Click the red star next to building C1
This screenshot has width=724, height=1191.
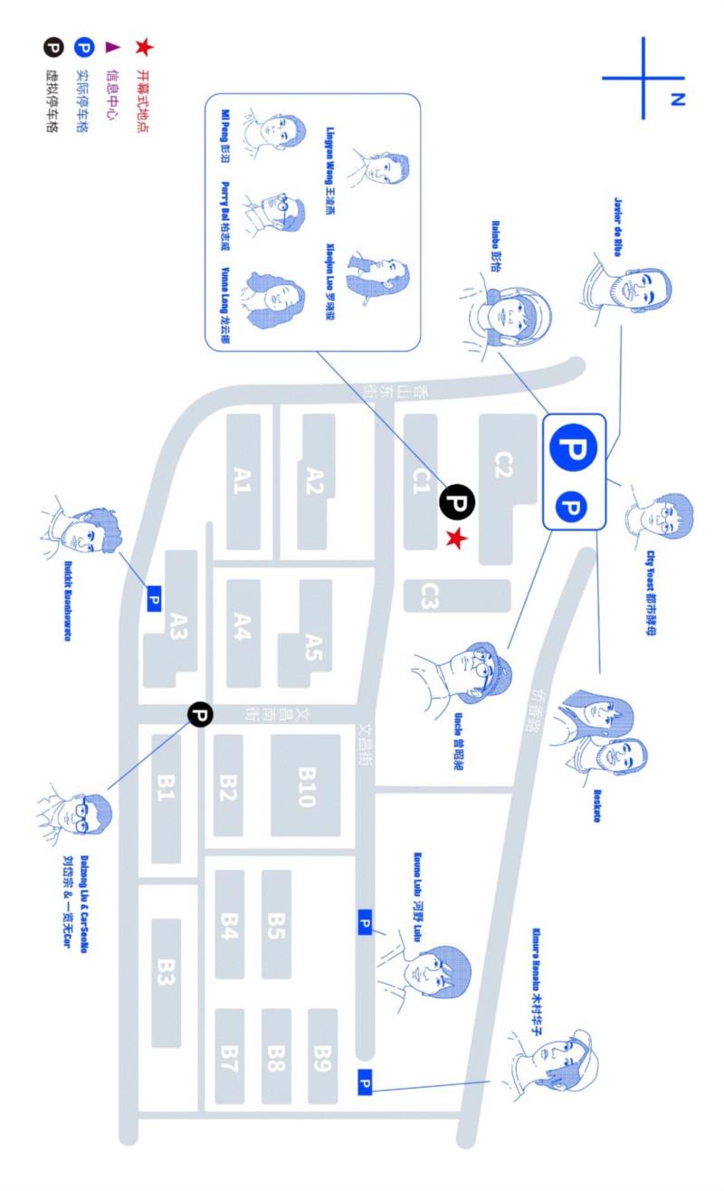[458, 540]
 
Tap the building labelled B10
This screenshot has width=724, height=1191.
[305, 785]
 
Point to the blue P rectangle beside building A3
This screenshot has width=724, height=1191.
[153, 598]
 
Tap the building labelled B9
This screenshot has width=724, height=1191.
[322, 1054]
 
